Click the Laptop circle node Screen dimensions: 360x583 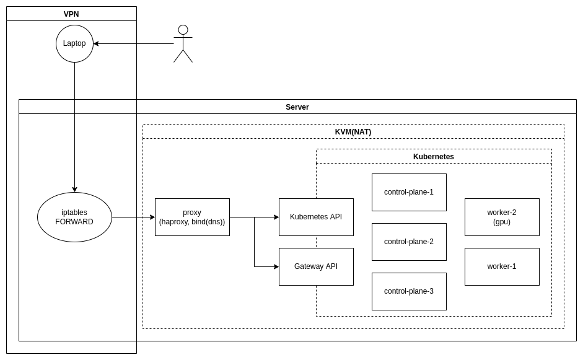[74, 43]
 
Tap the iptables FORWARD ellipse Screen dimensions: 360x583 [74, 217]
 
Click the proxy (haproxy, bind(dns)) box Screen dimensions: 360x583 [192, 217]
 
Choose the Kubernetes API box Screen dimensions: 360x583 [316, 217]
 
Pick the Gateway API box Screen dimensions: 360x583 [316, 266]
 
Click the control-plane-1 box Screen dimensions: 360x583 [409, 192]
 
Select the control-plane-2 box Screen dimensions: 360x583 [409, 242]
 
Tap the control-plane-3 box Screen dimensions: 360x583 [409, 291]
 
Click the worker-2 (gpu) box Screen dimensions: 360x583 [502, 217]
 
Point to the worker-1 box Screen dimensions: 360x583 [502, 266]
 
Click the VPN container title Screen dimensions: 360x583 [71, 14]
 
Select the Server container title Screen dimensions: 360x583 [297, 107]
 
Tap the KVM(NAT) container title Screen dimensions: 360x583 [353, 131]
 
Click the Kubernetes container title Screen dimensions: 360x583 [434, 156]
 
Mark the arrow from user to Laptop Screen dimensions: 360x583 [133, 43]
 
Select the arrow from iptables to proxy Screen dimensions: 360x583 [133, 217]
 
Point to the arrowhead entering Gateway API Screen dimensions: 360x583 [276, 266]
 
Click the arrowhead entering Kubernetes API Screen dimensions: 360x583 [276, 217]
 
